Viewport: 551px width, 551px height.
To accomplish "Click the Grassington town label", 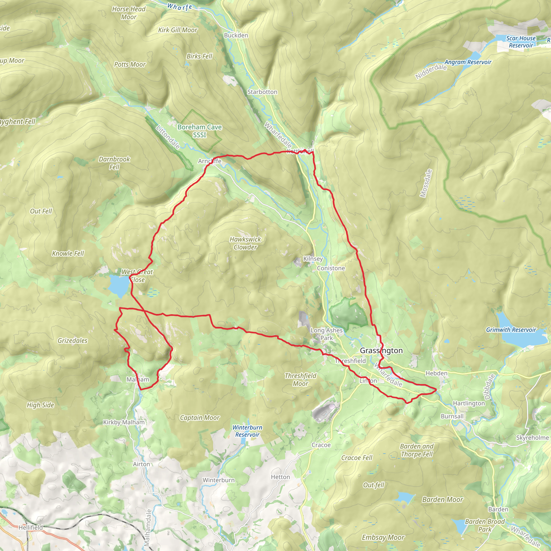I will coord(381,351).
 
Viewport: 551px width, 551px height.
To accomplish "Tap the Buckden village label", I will coord(236,35).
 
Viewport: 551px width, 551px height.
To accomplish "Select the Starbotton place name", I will coord(262,92).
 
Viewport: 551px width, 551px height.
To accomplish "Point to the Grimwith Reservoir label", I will coord(511,330).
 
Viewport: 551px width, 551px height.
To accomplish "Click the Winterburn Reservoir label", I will coord(247,431).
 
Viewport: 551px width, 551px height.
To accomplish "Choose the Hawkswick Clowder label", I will coord(245,243).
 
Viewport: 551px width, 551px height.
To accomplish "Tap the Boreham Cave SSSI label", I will coord(199,131).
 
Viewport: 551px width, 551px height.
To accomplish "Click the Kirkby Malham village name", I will coord(124,422).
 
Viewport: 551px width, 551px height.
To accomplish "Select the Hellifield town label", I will coord(30,527).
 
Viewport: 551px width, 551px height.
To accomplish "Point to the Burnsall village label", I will coord(452,416).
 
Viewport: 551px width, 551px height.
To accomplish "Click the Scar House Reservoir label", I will coord(521,42).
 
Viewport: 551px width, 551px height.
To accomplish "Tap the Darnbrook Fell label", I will coord(114,163).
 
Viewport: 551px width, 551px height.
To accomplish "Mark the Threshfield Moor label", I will coord(300,380).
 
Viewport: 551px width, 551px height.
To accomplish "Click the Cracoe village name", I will coord(321,445).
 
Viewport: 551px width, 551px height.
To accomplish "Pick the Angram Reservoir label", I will coord(468,62).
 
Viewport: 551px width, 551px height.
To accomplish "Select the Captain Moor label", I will coord(200,418).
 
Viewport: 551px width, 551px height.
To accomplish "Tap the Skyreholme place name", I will coord(532,437).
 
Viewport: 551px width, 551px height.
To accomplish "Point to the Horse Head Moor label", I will coord(129,13).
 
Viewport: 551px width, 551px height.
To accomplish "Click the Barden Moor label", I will coord(442,499).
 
